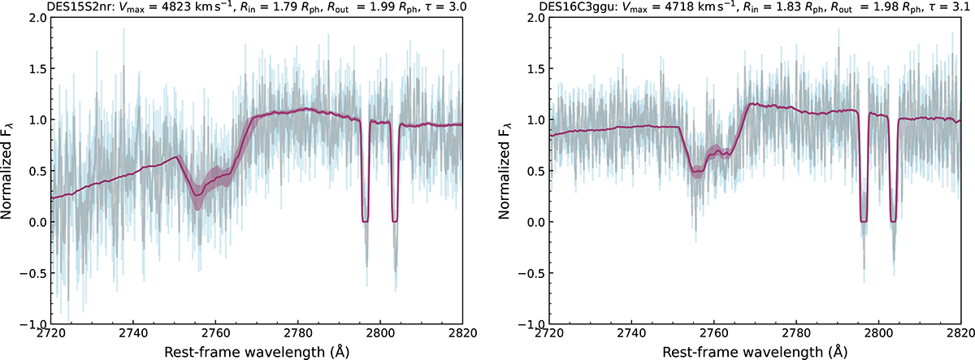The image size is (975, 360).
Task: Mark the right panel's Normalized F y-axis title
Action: (509, 170)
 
